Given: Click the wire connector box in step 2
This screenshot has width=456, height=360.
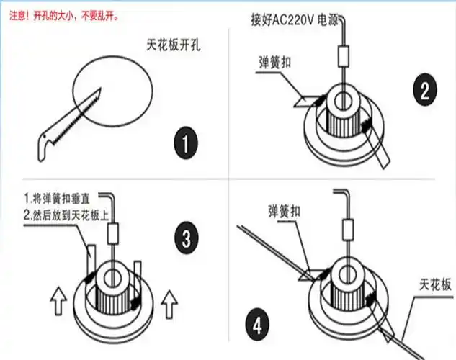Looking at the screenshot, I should (x=343, y=55).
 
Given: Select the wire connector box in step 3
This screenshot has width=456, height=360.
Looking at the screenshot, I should (x=113, y=233).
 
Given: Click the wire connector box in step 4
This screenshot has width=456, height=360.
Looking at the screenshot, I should (x=349, y=230).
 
